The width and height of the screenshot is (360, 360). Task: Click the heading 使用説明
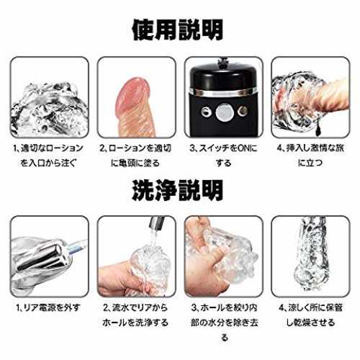click(178, 30)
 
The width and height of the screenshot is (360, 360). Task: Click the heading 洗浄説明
click(178, 190)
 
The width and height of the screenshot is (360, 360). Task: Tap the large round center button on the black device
click(224, 112)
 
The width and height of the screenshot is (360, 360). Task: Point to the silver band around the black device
click(224, 92)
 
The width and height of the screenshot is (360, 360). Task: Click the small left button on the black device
click(206, 112)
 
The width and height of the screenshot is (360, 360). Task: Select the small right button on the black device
click(243, 111)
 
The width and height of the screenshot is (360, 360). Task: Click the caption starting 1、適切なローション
click(49, 156)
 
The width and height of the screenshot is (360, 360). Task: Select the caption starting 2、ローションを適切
click(136, 156)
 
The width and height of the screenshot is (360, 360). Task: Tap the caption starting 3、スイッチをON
click(224, 156)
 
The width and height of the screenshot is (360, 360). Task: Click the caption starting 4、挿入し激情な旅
click(310, 156)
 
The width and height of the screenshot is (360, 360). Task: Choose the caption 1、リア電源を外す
click(48, 307)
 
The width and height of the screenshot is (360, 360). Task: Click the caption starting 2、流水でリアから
click(136, 315)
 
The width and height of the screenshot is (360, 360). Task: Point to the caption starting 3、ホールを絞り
click(224, 323)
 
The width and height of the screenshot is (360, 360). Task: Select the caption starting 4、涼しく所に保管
click(310, 315)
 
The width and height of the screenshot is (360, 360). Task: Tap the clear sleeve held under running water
click(150, 269)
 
